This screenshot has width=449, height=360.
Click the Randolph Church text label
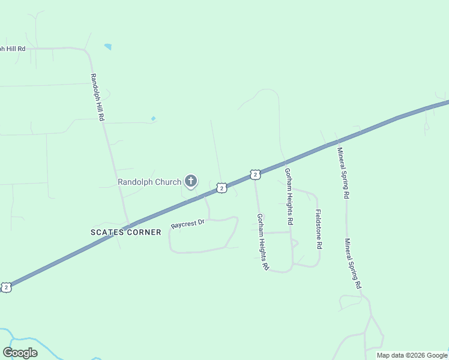point(149,181)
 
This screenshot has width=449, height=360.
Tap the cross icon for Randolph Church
point(191,181)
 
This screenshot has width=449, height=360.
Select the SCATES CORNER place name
point(126,232)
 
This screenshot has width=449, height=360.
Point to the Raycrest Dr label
point(188,224)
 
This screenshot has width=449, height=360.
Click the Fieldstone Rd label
point(318,229)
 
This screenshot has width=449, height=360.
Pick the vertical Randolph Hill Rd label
point(98,97)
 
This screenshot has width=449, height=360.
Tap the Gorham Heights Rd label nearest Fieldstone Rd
point(289,196)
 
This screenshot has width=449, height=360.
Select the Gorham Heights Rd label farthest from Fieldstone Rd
point(262,242)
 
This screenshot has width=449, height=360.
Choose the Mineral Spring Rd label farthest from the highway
point(353,264)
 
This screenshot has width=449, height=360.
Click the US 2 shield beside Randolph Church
point(221,188)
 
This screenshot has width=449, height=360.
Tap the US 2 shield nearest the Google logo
point(6,287)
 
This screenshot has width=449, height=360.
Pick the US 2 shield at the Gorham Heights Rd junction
point(256,175)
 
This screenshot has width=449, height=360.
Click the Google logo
point(20,353)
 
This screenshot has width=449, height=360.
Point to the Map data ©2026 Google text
point(412,355)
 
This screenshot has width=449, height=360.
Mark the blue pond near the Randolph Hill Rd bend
point(108,46)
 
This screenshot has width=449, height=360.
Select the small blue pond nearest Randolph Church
point(154,118)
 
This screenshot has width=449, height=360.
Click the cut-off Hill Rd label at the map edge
point(13,48)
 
